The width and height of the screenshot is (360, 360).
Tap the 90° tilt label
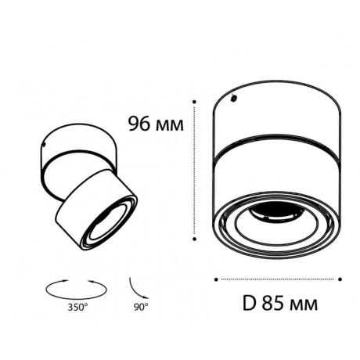click(x=139, y=308)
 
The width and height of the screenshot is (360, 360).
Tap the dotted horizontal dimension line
click(x=278, y=279)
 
